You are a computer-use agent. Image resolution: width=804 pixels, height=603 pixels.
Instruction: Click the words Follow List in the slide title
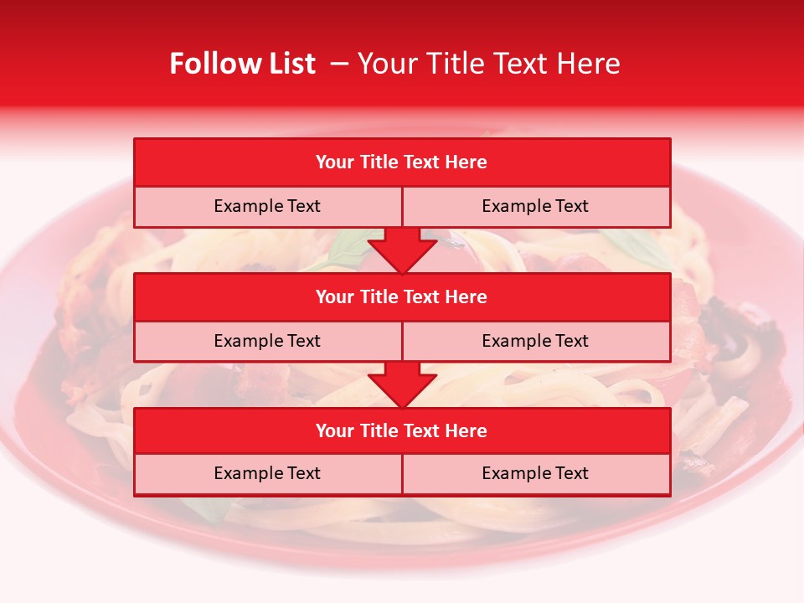click(242, 64)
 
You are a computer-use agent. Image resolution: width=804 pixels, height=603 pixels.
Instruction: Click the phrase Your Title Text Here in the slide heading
click(488, 64)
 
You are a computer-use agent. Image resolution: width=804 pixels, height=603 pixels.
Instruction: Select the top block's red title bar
click(402, 162)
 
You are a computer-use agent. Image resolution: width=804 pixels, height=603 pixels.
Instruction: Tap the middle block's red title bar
click(402, 296)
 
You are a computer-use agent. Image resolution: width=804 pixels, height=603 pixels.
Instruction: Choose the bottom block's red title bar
click(402, 430)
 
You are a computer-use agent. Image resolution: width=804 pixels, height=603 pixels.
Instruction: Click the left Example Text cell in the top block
click(267, 206)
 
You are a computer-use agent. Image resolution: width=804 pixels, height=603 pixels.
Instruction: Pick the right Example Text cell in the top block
click(535, 206)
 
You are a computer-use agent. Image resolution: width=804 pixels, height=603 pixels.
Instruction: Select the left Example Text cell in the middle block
click(267, 341)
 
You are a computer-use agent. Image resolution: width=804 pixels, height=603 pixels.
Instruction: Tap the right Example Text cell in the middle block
click(535, 341)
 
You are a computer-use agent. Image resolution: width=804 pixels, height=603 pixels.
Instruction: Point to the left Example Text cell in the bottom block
click(267, 473)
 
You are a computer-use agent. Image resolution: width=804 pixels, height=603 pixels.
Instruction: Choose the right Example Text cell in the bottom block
click(535, 473)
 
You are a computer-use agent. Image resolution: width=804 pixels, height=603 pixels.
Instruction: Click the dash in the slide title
click(339, 64)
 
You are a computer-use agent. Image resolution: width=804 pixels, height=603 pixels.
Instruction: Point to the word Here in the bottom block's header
click(466, 430)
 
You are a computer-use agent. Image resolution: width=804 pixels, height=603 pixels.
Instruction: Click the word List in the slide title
click(289, 64)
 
